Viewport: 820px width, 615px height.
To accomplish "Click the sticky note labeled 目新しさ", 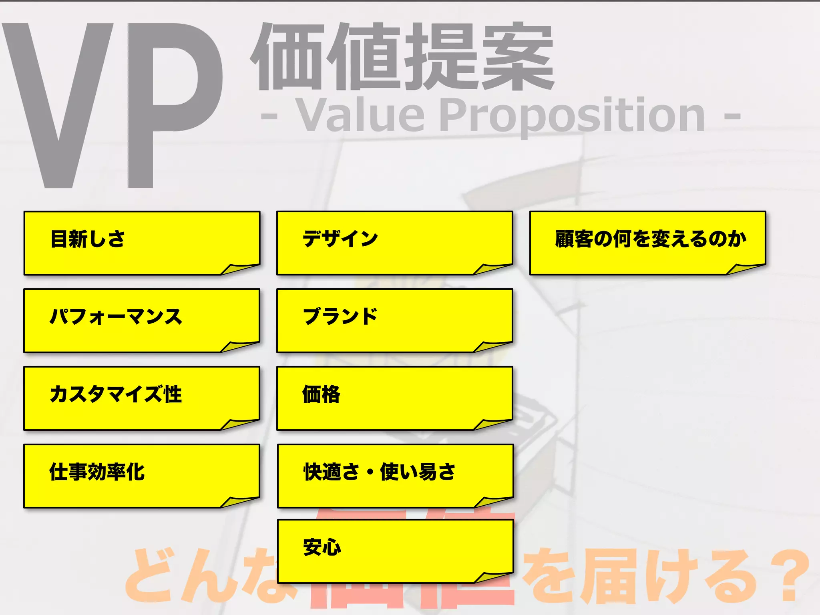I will pyautogui.click(x=142, y=243).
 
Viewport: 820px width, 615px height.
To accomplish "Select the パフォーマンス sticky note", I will pyautogui.click(x=142, y=321).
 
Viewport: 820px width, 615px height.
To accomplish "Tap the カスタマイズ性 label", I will pyautogui.click(x=116, y=394).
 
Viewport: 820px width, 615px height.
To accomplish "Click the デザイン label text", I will pyautogui.click(x=340, y=239).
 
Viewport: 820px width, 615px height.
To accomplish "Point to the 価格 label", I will pyautogui.click(x=321, y=394).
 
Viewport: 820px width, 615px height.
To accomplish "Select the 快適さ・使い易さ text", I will pyautogui.click(x=379, y=472).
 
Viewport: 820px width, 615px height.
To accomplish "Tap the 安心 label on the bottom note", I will pyautogui.click(x=322, y=547).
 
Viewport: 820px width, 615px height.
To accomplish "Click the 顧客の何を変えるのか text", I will pyautogui.click(x=651, y=239).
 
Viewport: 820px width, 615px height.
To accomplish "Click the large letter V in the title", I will pyautogui.click(x=58, y=106).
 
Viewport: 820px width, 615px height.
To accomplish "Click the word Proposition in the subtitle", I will pyautogui.click(x=573, y=116).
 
